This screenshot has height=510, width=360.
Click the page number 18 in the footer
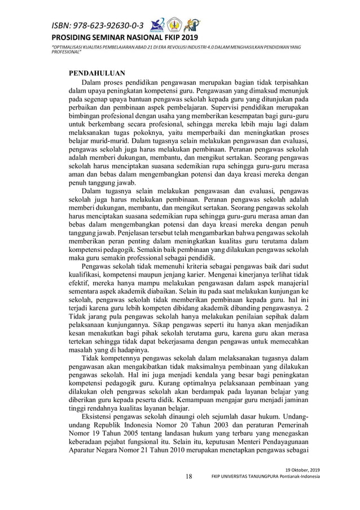click(x=189, y=476)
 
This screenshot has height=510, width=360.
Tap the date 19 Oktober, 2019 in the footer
click(x=302, y=470)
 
